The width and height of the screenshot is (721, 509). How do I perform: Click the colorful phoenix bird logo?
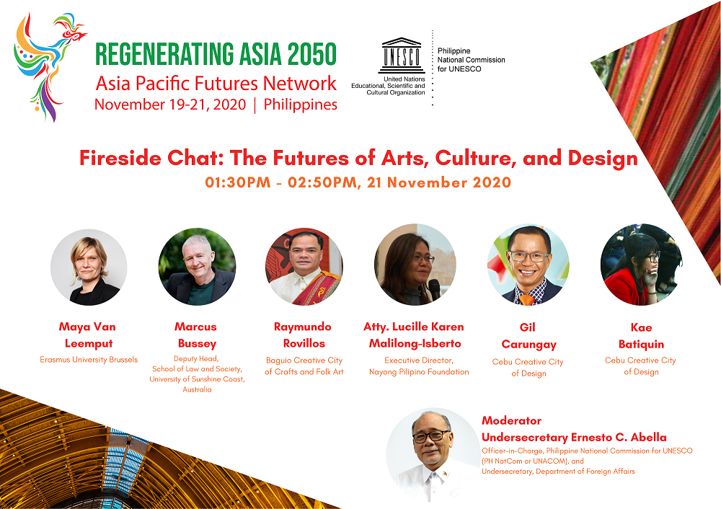pyautogui.click(x=48, y=66)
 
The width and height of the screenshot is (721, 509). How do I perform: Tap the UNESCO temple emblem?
pyautogui.click(x=402, y=56)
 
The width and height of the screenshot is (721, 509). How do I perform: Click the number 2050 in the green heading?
pyautogui.click(x=312, y=54)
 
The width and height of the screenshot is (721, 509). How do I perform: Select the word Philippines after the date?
pyautogui.click(x=300, y=105)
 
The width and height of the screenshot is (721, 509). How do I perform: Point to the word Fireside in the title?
pyautogui.click(x=120, y=158)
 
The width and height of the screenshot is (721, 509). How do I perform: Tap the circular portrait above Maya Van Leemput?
pyautogui.click(x=89, y=267)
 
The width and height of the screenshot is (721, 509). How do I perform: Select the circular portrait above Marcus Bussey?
pyautogui.click(x=198, y=267)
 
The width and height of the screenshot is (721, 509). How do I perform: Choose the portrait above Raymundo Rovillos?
pyautogui.click(x=304, y=267)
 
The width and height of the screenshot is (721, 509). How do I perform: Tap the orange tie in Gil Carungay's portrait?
pyautogui.click(x=527, y=300)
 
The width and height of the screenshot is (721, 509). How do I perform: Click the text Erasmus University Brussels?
pyautogui.click(x=89, y=360)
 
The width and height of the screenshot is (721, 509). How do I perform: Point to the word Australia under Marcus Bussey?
pyautogui.click(x=197, y=389)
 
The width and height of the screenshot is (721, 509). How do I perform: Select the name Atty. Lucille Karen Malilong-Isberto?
pyautogui.click(x=414, y=335)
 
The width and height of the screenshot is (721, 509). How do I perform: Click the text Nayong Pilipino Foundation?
pyautogui.click(x=419, y=371)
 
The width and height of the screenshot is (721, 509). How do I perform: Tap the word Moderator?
pyautogui.click(x=511, y=421)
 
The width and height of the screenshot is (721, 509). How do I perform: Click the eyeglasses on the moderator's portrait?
pyautogui.click(x=430, y=435)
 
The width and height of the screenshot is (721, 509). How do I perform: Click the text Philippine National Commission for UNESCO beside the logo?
pyautogui.click(x=471, y=60)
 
